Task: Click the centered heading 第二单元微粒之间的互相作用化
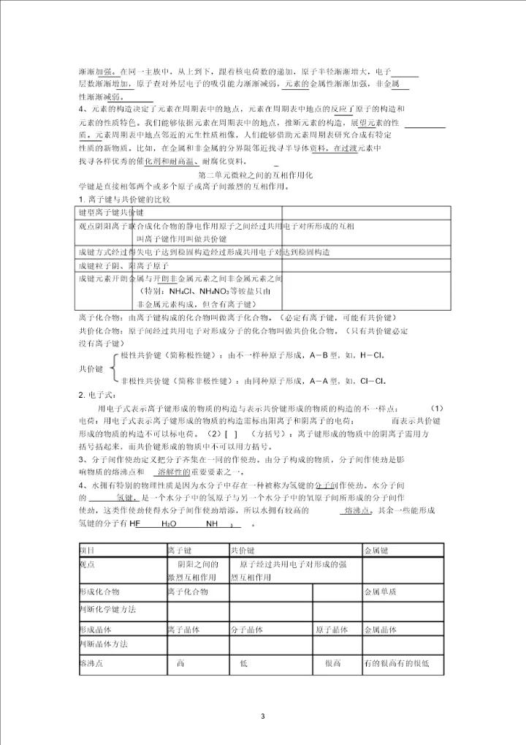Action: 256,176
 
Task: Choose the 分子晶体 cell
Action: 251,629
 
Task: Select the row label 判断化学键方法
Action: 107,608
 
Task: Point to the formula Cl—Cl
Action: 371,380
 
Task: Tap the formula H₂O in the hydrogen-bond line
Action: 169,524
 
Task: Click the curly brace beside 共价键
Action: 115,368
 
